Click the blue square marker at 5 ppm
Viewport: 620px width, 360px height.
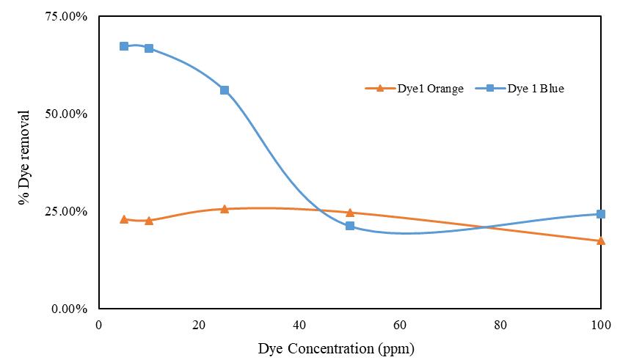coord(124,46)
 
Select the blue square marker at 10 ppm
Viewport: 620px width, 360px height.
coord(149,48)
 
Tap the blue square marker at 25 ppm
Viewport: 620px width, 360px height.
coord(225,90)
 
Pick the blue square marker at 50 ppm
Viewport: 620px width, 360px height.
coord(350,226)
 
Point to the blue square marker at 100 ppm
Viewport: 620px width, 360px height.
coord(601,214)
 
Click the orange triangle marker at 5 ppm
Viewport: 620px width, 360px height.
coord(124,219)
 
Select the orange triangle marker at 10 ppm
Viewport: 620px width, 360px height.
coord(149,221)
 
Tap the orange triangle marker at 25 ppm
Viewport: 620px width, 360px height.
coord(225,209)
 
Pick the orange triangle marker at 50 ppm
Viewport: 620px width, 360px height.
coord(350,213)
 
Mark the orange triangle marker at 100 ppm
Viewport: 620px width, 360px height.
coord(601,240)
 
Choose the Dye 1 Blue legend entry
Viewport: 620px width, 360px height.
coord(535,89)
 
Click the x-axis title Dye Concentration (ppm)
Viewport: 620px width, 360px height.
coord(341,348)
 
